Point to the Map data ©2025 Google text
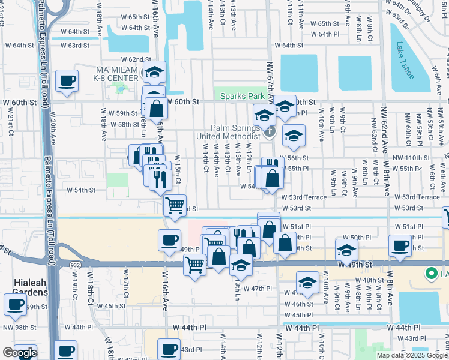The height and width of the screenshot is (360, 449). tap(411, 355)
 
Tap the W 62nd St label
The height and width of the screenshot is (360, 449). tap(136, 59)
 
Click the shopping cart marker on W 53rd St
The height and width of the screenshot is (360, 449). tap(175, 205)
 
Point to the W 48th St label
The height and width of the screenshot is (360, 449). tap(369, 280)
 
